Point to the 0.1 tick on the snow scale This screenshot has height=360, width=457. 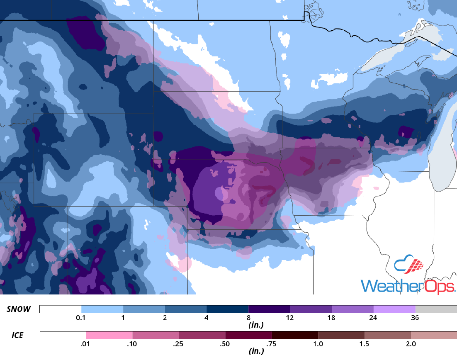point(81,318)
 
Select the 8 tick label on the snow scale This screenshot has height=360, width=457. point(248,318)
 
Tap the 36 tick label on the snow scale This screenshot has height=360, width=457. point(415,318)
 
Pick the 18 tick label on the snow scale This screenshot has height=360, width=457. point(331,318)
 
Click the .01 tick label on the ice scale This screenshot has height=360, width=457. point(86,344)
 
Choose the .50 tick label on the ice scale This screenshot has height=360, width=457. point(226,344)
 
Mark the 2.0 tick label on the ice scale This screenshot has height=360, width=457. point(411,344)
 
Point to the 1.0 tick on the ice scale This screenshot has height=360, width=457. point(318,344)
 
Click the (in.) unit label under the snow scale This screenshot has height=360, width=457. point(256,325)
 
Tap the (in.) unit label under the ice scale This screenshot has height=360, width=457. point(256,351)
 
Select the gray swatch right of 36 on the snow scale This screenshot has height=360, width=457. point(436,309)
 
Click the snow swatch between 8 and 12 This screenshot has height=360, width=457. point(269,309)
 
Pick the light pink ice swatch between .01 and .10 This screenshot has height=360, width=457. point(109,335)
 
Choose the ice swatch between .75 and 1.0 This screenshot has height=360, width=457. point(295,335)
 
